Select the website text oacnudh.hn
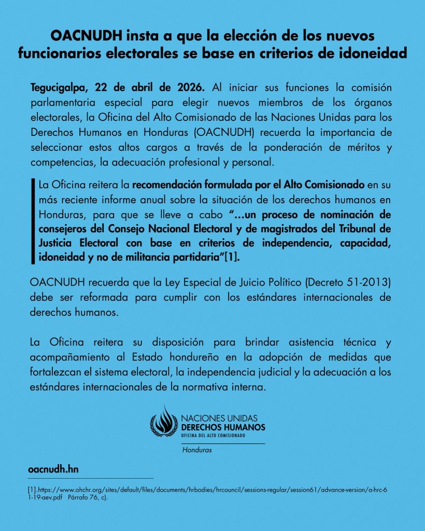[x=53, y=469]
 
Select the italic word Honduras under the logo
[x=197, y=450]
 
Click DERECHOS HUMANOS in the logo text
[x=223, y=427]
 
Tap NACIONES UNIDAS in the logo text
[x=219, y=418]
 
